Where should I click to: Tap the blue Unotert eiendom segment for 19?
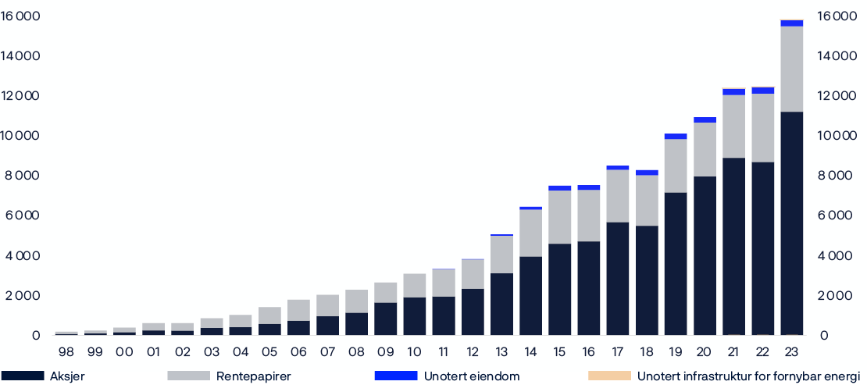pyautogui.click(x=676, y=137)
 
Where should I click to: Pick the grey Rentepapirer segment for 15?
pyautogui.click(x=560, y=217)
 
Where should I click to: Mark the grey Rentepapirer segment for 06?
pyautogui.click(x=299, y=310)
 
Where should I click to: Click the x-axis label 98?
pyautogui.click(x=67, y=353)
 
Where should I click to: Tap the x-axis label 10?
pyautogui.click(x=415, y=353)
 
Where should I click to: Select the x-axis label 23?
pyautogui.click(x=791, y=353)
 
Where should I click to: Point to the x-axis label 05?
pyautogui.click(x=270, y=353)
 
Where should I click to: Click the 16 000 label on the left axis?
pyautogui.click(x=20, y=16)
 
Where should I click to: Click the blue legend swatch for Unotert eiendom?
pyautogui.click(x=395, y=376)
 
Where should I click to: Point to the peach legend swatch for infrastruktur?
pyautogui.click(x=608, y=376)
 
